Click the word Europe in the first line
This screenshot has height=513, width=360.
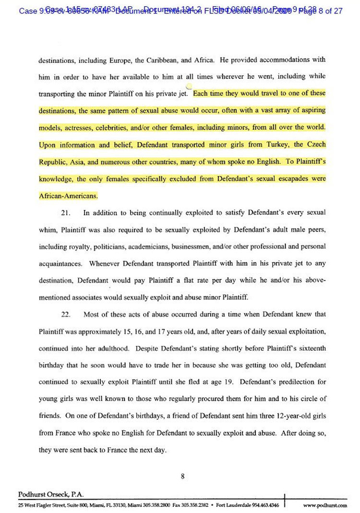point(147,60)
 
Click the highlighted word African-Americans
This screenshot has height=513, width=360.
point(68,196)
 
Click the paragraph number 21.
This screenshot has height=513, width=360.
point(66,213)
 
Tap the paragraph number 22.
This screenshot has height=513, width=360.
point(66,315)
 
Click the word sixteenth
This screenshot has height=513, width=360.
point(308,349)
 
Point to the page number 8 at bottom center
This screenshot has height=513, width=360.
point(183,476)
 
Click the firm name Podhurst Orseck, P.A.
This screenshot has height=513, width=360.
point(46,494)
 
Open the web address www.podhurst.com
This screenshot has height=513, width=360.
point(325,505)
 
